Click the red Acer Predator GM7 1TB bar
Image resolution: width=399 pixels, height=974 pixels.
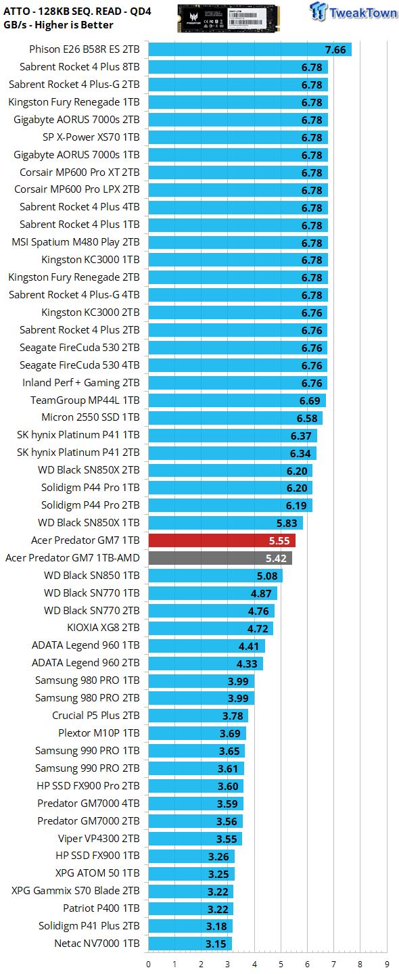coord(222,540)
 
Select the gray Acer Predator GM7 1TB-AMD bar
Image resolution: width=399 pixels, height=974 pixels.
coord(220,558)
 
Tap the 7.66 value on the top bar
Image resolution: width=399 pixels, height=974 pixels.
coord(335,50)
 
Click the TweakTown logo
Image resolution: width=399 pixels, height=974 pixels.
coord(353,11)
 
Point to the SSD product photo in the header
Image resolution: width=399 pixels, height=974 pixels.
coord(228,18)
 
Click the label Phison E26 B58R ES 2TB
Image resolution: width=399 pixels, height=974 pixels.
coord(85,49)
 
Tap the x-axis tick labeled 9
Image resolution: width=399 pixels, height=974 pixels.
coord(386,965)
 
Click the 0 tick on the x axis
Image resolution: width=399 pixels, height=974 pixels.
coord(149,965)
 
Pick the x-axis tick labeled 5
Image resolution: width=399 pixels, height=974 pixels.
coord(281,965)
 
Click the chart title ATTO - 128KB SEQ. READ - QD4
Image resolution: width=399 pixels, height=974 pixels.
coord(77,11)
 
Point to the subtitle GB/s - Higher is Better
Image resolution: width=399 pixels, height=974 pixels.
coord(58,25)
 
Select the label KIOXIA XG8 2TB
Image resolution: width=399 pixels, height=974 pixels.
coord(103,628)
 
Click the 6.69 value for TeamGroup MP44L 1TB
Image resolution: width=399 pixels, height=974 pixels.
coord(310,401)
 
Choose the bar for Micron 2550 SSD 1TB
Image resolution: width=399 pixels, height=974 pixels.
coord(235,418)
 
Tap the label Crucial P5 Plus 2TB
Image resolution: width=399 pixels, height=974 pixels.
coord(96,716)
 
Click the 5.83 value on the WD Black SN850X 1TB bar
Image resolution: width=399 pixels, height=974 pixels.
coord(287,523)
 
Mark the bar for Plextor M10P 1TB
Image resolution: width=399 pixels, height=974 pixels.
coord(197,733)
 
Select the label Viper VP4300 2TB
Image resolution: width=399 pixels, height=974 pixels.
coord(99,838)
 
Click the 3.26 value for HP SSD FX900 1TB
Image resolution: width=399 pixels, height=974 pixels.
coord(218,856)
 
